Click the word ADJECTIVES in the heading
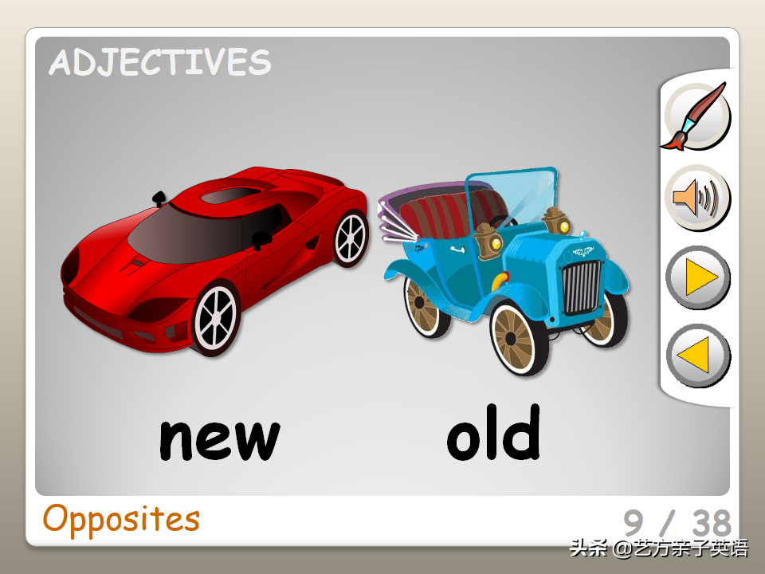(x=160, y=62)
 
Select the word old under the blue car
(x=494, y=432)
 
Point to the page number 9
(x=634, y=522)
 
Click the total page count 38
(x=712, y=523)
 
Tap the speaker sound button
(x=697, y=198)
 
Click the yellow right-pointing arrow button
(x=698, y=277)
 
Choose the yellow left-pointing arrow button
(x=698, y=356)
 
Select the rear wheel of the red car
(x=351, y=238)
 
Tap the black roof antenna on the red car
(x=159, y=199)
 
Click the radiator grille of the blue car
(x=581, y=288)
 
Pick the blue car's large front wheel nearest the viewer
(x=518, y=338)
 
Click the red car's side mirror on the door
(x=261, y=239)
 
